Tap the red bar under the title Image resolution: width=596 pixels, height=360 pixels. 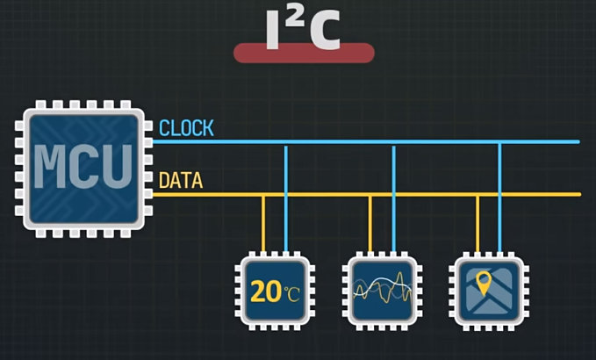(x=304, y=53)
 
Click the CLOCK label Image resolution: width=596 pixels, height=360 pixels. (x=186, y=128)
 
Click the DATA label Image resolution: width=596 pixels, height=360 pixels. (x=181, y=182)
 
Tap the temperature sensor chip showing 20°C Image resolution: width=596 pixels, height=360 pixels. (x=275, y=291)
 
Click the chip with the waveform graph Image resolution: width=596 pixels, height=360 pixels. (x=381, y=291)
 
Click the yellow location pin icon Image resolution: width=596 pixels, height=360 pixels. (x=483, y=284)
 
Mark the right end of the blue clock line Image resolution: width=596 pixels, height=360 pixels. (x=577, y=141)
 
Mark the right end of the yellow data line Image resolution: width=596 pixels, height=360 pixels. (x=577, y=194)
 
